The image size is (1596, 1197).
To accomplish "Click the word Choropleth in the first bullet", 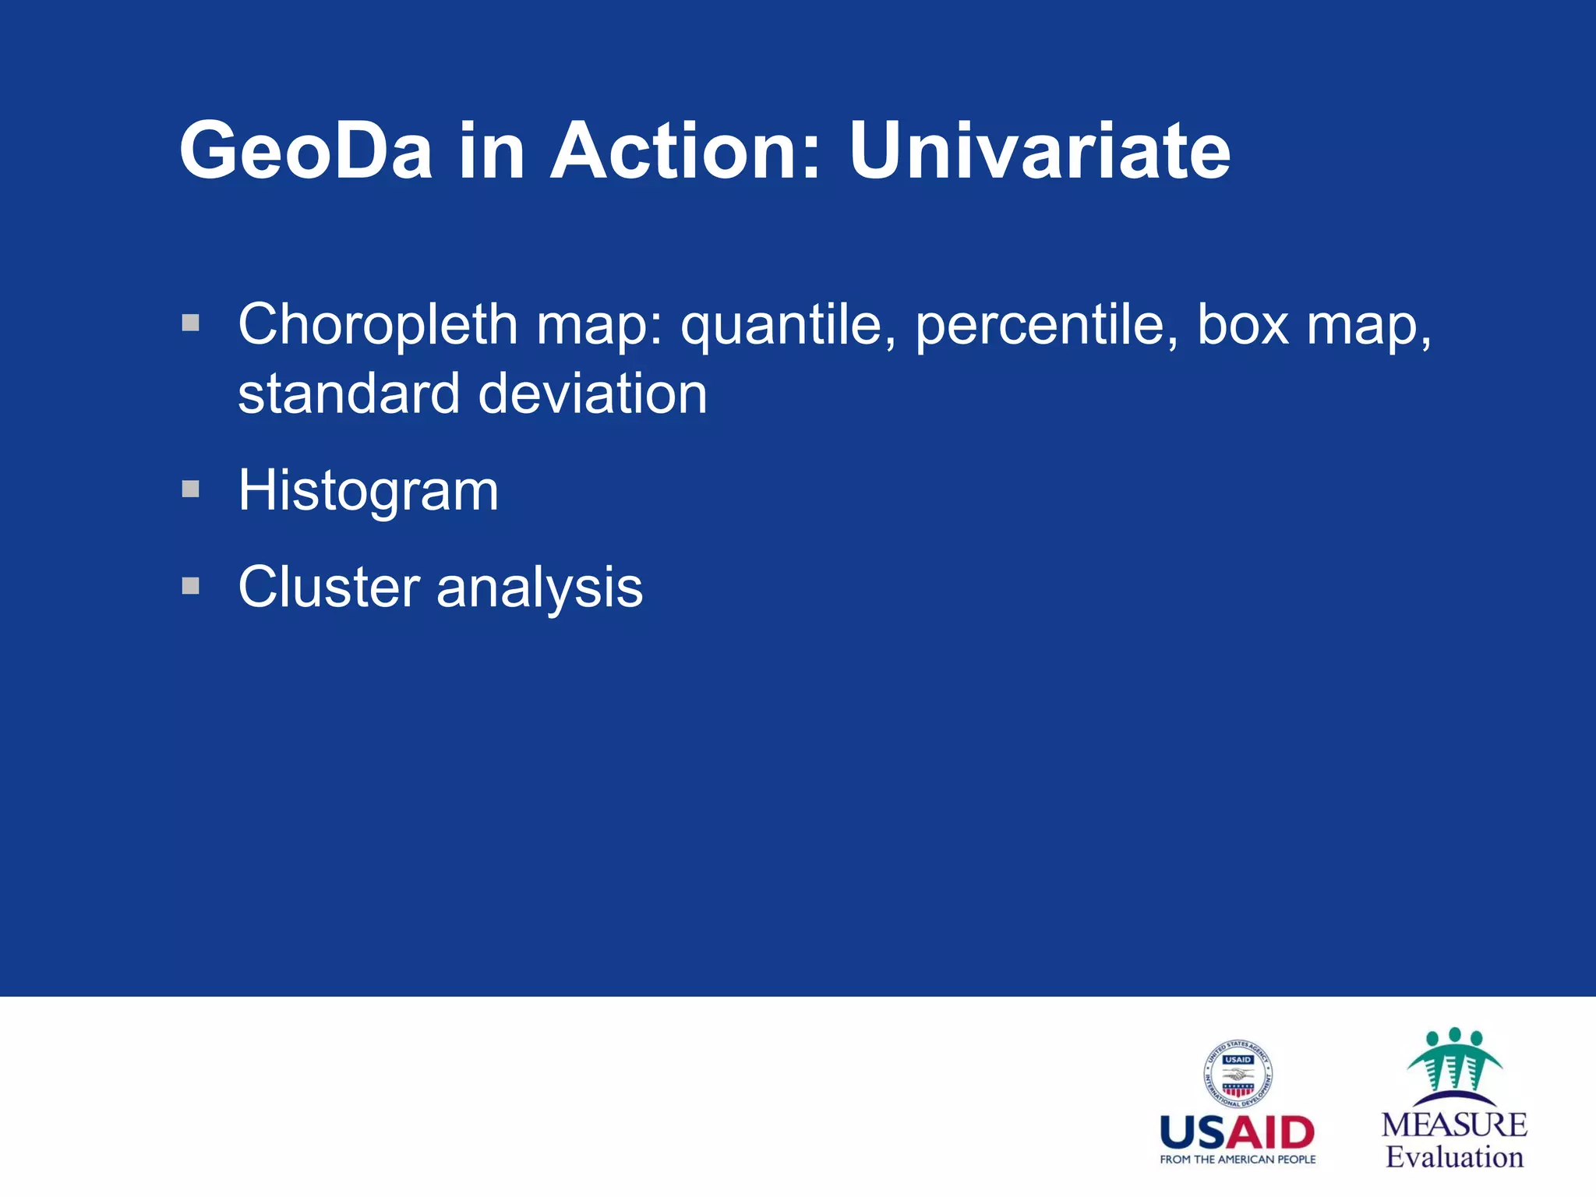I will (377, 324).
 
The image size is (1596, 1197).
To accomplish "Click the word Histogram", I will (368, 491).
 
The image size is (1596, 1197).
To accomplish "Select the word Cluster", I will (328, 587).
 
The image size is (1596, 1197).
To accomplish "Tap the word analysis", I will (539, 588).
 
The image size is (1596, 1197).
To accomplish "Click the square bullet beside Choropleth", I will (191, 323).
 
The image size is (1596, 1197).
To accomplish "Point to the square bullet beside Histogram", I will (191, 489).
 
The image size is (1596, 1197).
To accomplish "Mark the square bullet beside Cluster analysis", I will (191, 585).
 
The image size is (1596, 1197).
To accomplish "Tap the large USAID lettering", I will (1238, 1132).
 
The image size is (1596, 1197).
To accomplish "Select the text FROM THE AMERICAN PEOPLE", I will (1238, 1160).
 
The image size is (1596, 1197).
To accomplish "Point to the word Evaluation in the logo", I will (1454, 1156).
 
